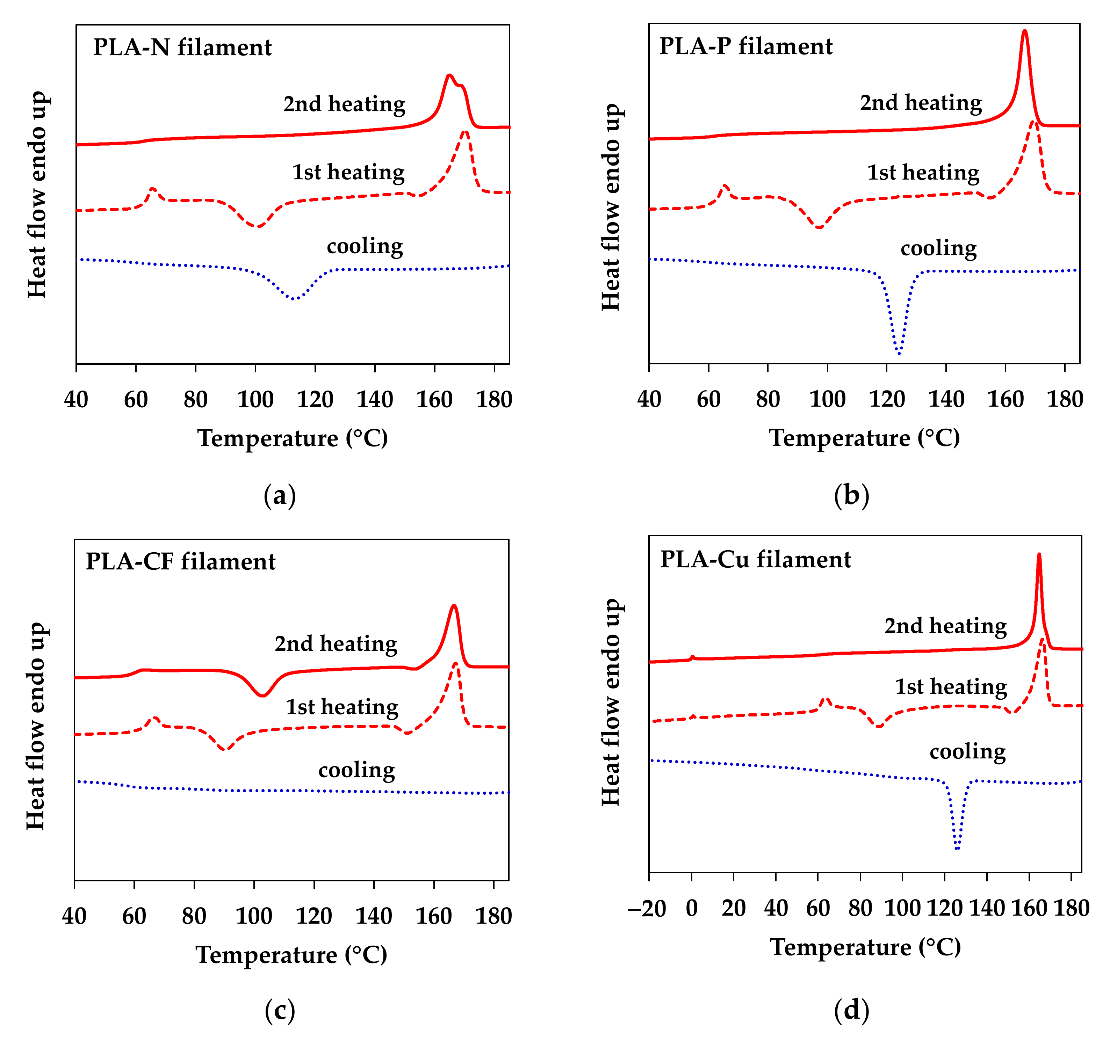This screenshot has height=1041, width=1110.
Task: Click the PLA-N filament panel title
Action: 182,48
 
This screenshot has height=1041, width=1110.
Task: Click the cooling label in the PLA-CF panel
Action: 356,770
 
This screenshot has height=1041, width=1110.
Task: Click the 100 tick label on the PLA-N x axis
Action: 255,400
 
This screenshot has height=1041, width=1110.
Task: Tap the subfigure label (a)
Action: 279,495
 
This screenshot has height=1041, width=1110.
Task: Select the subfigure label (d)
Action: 851,1009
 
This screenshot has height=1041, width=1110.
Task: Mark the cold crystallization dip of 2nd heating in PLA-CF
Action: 262,695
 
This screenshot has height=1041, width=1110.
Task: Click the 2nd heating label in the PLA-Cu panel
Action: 945,626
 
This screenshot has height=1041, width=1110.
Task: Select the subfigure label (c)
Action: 279,1009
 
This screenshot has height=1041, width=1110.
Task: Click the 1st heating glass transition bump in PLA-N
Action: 152,189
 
